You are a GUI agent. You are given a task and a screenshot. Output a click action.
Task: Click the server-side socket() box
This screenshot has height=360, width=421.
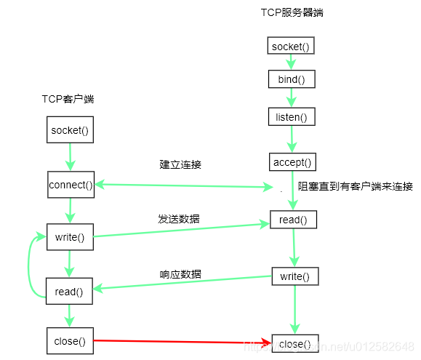point(291,47)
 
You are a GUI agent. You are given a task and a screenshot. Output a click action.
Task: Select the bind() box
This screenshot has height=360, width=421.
point(292,79)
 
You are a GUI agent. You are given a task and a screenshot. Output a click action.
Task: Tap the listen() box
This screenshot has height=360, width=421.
point(292,116)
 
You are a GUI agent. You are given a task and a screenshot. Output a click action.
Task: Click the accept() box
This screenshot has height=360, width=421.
point(292,161)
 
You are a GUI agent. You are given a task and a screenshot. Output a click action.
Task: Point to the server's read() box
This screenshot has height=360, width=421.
point(293,220)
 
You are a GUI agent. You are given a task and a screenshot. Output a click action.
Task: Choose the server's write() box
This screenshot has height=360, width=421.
point(294,276)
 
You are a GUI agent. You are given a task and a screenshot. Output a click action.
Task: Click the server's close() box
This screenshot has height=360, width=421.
point(294,343)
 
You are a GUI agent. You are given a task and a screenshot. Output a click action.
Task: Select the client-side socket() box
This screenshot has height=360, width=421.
point(71,131)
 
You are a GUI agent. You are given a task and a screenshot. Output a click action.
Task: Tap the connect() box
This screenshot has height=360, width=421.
point(71,185)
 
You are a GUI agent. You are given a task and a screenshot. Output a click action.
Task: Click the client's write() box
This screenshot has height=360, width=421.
point(71,237)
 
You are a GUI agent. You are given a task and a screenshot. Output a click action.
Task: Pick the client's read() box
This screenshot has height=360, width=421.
point(70,292)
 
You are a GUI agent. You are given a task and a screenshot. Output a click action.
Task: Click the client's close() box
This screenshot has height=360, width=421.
point(70,340)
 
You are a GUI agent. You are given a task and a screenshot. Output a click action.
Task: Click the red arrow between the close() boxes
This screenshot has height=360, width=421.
point(182,340)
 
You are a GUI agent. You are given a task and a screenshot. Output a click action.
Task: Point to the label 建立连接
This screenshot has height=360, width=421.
point(180,164)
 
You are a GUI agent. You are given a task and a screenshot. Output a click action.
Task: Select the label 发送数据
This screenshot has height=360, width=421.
point(180,219)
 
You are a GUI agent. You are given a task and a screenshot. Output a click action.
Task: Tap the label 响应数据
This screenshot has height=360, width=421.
point(180,274)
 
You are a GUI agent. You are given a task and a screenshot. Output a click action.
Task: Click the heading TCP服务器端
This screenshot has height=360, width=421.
point(292,13)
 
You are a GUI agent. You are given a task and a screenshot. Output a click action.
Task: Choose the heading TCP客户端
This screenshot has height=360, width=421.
point(68,99)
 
